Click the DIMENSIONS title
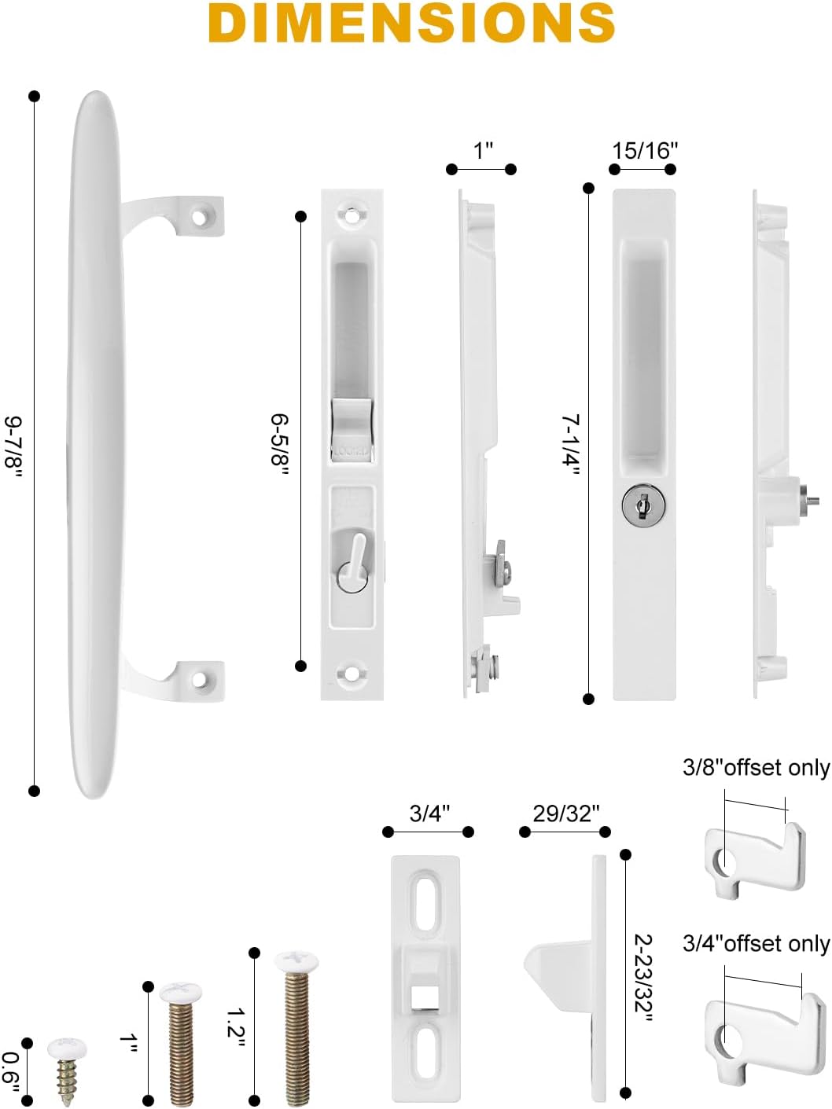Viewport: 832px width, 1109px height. click(x=412, y=24)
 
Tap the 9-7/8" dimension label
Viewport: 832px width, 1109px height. click(x=14, y=446)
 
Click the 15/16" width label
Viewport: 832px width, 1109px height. click(x=645, y=150)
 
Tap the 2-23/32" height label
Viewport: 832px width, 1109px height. click(x=644, y=978)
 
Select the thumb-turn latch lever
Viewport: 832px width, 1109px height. click(x=356, y=554)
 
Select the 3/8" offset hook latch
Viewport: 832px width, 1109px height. click(x=755, y=857)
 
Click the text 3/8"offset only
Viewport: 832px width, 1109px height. click(x=756, y=767)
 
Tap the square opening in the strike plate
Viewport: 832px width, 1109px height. click(x=425, y=997)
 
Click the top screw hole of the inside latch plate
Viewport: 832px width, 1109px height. click(x=352, y=213)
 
